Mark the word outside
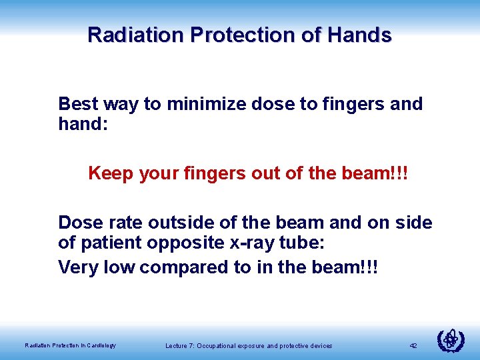176,223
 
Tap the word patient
107,244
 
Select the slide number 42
413,345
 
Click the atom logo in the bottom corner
450,340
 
